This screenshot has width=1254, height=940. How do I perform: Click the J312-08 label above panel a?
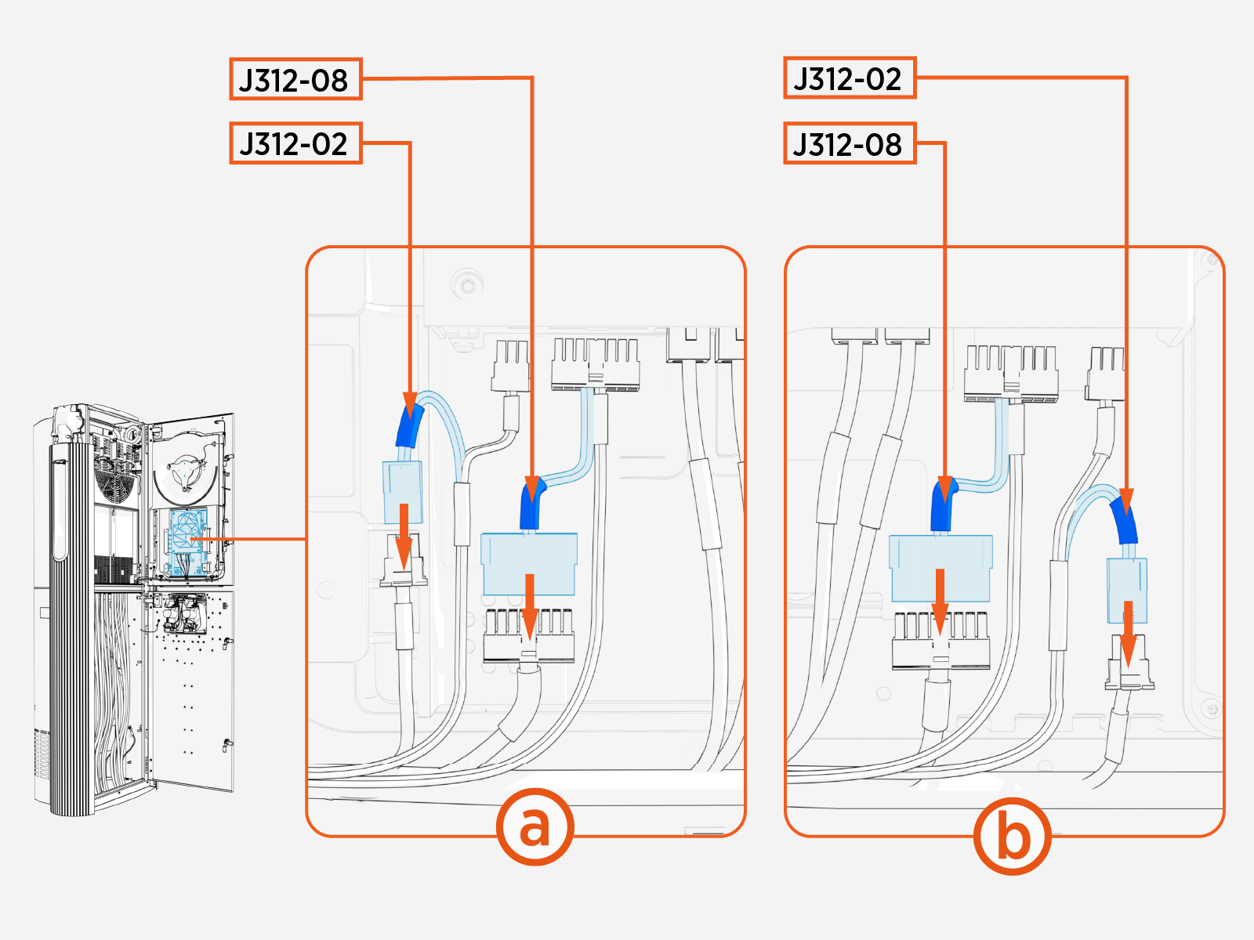(295, 79)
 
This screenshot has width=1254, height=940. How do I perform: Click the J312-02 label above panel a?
(295, 143)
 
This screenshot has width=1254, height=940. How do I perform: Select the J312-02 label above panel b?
(850, 78)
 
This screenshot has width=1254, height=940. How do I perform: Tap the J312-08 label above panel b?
(850, 143)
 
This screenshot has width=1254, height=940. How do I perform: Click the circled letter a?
(535, 826)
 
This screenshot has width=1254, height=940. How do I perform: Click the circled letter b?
(1012, 836)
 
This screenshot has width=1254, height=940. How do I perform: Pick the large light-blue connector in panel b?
(940, 566)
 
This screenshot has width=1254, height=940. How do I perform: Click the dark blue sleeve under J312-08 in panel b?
(942, 507)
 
